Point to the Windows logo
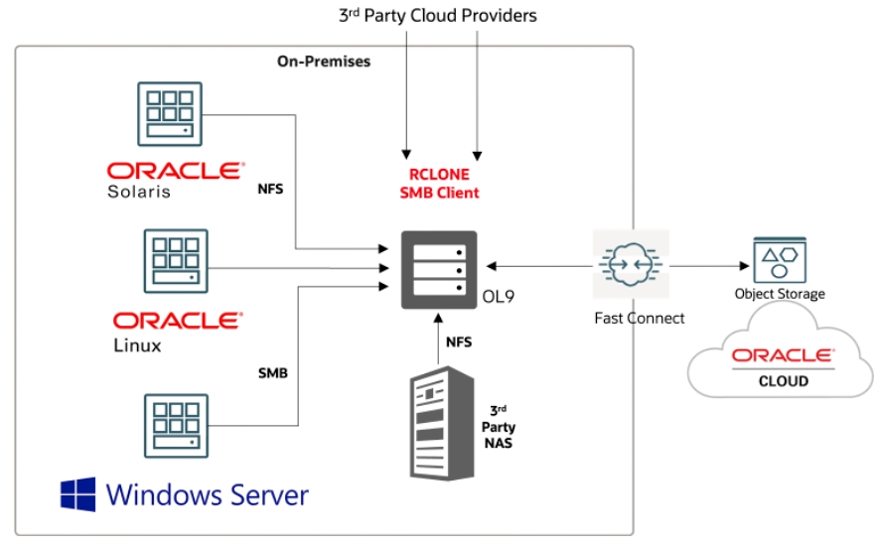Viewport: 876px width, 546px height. tap(78, 493)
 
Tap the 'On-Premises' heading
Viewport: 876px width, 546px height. tap(323, 62)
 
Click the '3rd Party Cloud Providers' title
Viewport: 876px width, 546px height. tap(438, 15)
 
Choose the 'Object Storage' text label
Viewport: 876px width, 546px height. tap(780, 294)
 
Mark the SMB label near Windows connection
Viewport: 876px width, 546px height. tap(273, 373)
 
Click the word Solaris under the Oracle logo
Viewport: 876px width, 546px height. tap(139, 192)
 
